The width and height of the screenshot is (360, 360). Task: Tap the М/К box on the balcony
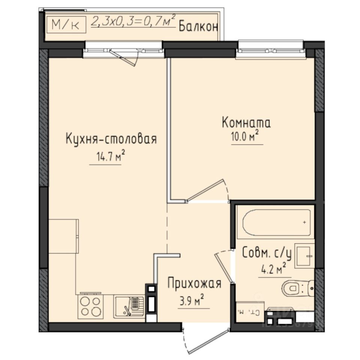[x=66, y=25]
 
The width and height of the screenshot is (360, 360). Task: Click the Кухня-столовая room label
[x=111, y=139]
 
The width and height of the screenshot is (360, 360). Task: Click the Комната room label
[x=246, y=123]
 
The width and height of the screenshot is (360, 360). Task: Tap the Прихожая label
[x=194, y=283]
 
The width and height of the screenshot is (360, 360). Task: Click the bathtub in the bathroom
[x=276, y=222]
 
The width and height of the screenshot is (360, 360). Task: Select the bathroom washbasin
[x=304, y=256]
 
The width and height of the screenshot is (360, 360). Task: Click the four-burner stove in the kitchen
[x=90, y=306]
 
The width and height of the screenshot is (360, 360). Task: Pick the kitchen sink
[x=129, y=306]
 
